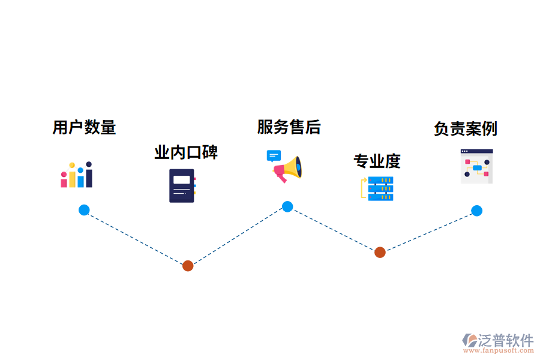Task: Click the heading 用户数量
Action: tap(84, 127)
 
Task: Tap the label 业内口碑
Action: tap(186, 152)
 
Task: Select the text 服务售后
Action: tap(289, 127)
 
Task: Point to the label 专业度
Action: tap(377, 161)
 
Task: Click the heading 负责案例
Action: tap(465, 129)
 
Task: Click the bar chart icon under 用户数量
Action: tap(76, 175)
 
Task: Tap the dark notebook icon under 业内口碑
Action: tap(182, 185)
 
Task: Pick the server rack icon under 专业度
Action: tap(379, 188)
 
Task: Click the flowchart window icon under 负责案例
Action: tap(476, 166)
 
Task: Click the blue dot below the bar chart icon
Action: tap(84, 210)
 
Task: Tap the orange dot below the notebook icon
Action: tap(188, 266)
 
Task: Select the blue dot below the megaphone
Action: tap(287, 206)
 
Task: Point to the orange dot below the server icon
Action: tap(380, 253)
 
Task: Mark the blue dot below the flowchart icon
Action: tap(476, 211)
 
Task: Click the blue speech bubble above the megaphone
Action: tap(274, 156)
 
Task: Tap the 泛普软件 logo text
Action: tap(505, 340)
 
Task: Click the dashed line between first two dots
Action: tap(136, 238)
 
